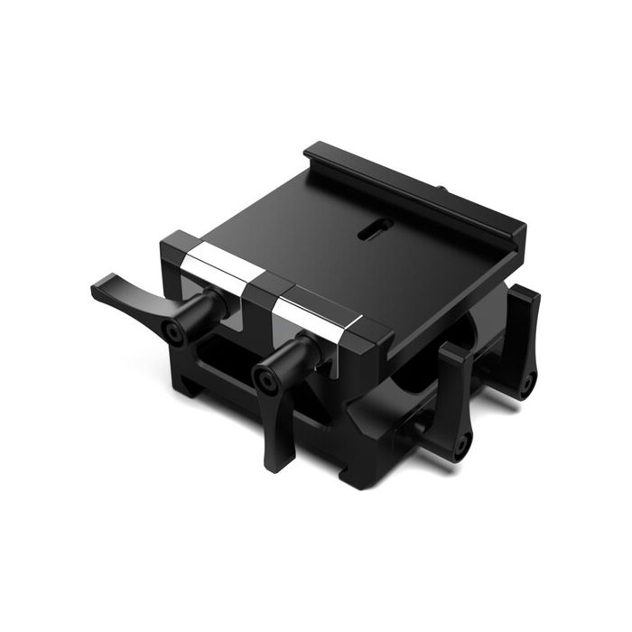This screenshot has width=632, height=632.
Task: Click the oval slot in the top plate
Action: coord(369,233)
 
